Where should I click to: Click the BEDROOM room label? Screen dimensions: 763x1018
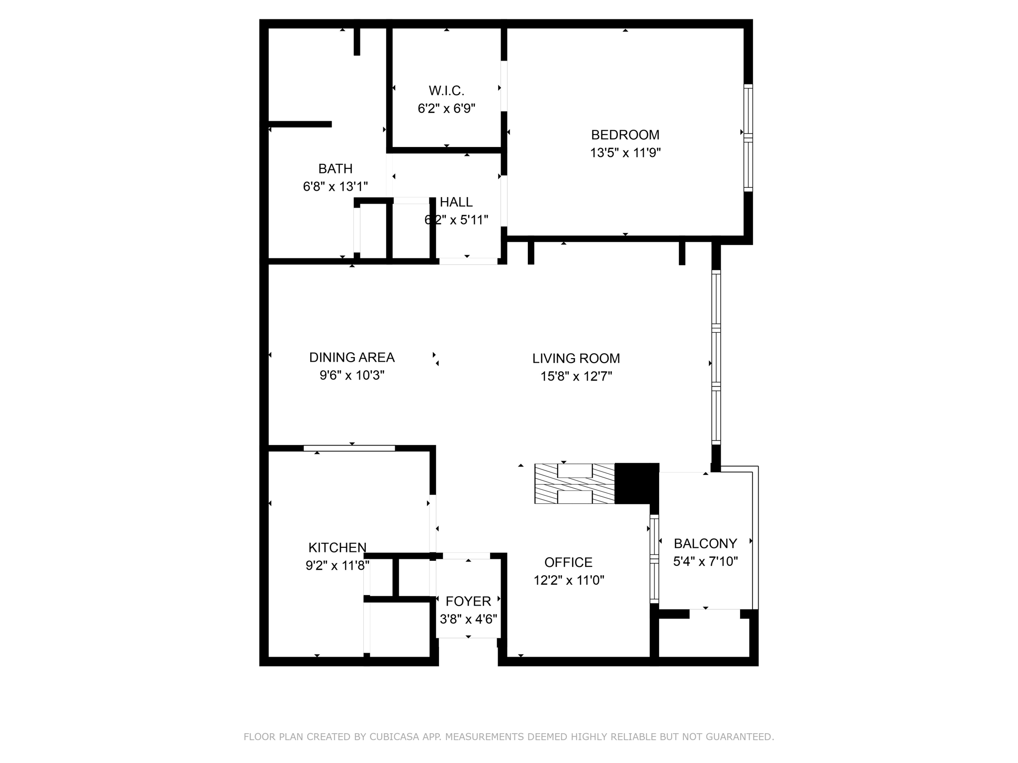click(625, 135)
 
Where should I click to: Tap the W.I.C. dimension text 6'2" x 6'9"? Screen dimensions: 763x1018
click(446, 108)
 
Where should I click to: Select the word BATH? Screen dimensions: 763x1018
click(336, 169)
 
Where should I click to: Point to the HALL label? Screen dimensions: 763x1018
click(456, 202)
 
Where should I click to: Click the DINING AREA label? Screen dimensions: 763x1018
click(351, 357)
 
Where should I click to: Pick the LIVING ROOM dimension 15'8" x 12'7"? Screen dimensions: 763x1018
click(576, 376)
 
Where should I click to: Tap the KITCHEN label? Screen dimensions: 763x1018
click(337, 547)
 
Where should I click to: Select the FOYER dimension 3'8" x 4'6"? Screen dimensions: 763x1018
click(468, 619)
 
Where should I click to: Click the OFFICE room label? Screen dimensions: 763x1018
click(568, 562)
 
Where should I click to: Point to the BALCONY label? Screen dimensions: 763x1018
click(705, 543)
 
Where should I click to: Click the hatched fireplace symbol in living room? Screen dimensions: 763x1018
click(575, 484)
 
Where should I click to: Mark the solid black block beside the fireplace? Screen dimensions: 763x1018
click(637, 483)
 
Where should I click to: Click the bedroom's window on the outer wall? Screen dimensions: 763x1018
click(748, 138)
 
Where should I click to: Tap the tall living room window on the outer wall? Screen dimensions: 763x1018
click(716, 357)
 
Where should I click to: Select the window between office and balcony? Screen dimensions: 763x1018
click(654, 559)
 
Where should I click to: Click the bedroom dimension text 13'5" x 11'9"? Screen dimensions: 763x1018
click(625, 153)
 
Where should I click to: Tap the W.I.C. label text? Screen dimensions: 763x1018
click(446, 90)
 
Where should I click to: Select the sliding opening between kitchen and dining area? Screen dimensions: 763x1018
click(349, 448)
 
